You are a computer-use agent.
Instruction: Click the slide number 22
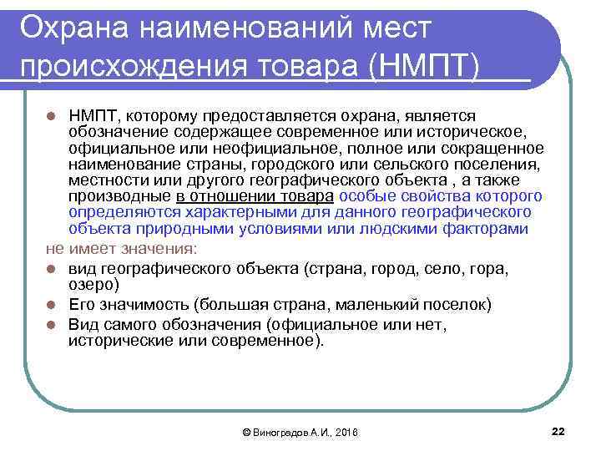point(558,431)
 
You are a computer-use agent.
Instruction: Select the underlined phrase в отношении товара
point(255,196)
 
